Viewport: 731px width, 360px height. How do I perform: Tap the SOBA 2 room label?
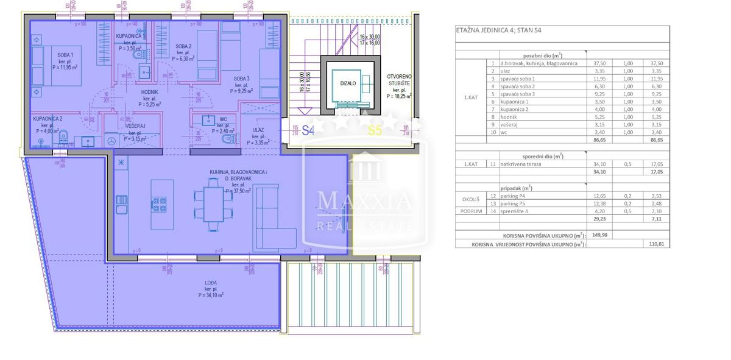pos(183,46)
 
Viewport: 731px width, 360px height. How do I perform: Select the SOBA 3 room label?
pos(241,78)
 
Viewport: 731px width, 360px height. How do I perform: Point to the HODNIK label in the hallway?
pos(149,92)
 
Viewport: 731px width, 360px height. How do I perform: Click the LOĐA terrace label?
pos(210,282)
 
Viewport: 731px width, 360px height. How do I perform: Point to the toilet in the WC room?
pos(227,139)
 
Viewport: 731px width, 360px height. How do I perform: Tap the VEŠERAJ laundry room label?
pos(135,127)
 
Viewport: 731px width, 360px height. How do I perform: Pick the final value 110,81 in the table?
pos(655,243)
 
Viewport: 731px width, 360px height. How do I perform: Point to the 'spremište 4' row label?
pos(514,211)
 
